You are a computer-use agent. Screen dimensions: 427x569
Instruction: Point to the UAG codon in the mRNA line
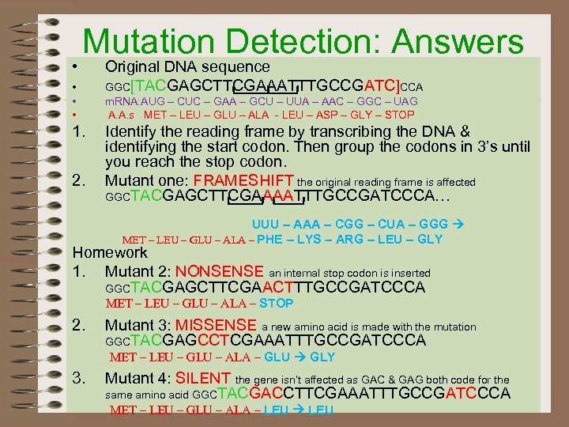coord(403,102)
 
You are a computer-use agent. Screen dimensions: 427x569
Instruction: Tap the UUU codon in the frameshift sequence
coord(267,224)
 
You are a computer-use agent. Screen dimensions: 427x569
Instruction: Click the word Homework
coord(110,253)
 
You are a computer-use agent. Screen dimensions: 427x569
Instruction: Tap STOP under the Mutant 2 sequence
coord(276,304)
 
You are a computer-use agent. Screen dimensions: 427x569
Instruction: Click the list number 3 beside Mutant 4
coord(78,379)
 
